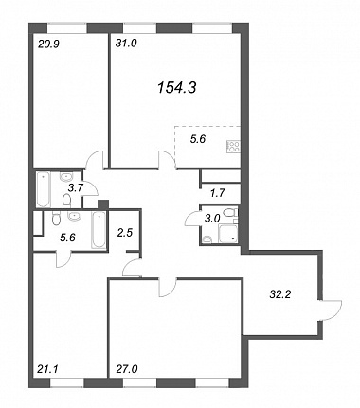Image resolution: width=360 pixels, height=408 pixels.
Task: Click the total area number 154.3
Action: (176, 87)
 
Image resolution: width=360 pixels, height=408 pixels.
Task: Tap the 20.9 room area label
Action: (47, 44)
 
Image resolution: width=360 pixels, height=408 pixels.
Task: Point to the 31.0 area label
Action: (126, 44)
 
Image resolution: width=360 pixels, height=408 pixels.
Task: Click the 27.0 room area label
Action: (127, 368)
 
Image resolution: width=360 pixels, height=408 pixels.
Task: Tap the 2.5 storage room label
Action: (125, 233)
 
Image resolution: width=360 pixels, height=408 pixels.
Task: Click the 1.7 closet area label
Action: (217, 193)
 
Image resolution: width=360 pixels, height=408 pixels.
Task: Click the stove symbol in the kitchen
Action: (233, 147)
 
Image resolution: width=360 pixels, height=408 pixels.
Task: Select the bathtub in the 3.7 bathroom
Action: (44, 189)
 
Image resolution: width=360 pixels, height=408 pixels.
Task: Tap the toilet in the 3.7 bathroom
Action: (66, 201)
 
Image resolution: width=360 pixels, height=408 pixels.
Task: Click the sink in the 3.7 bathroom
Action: (66, 176)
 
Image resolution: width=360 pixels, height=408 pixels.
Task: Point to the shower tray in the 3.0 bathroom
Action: (227, 233)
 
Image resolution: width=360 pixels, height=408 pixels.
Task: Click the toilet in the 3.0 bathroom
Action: (229, 212)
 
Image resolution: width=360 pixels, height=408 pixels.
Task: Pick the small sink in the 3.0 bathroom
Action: (207, 239)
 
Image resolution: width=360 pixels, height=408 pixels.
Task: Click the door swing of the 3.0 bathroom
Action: (190, 218)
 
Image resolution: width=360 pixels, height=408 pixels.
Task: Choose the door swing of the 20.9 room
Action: (94, 160)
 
